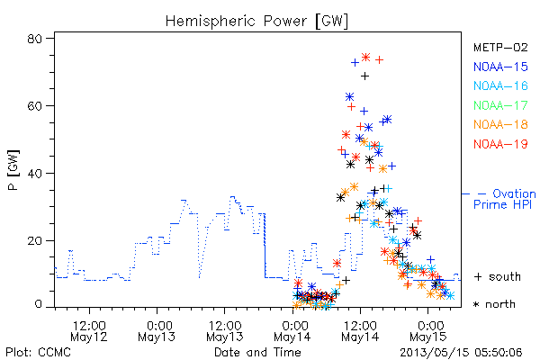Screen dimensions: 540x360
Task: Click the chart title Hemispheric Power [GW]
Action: click(x=256, y=21)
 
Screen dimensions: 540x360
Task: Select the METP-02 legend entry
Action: click(x=500, y=47)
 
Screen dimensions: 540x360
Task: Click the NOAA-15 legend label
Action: click(x=500, y=67)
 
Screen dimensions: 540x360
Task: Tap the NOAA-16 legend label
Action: click(x=500, y=85)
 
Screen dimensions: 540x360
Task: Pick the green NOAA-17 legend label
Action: click(x=500, y=105)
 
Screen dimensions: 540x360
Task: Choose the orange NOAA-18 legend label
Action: click(x=500, y=124)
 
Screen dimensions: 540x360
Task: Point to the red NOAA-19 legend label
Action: click(x=500, y=144)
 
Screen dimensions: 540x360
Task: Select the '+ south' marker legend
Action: click(x=498, y=276)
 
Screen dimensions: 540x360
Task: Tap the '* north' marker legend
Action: click(x=494, y=304)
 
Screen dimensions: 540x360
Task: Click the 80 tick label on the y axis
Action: click(x=34, y=39)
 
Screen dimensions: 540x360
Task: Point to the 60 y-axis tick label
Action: click(x=34, y=106)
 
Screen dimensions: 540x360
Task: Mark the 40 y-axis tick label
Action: click(x=34, y=173)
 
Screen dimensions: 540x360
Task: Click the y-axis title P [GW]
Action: click(x=13, y=170)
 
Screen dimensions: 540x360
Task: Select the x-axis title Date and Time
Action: click(x=257, y=352)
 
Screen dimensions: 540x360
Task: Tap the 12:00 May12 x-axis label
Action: click(x=89, y=330)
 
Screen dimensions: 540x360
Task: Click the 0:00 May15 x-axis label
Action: click(x=428, y=330)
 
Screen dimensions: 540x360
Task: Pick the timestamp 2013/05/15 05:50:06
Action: click(x=461, y=353)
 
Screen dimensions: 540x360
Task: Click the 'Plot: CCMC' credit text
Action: click(x=38, y=352)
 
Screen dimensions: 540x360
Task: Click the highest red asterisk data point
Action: click(x=365, y=58)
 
